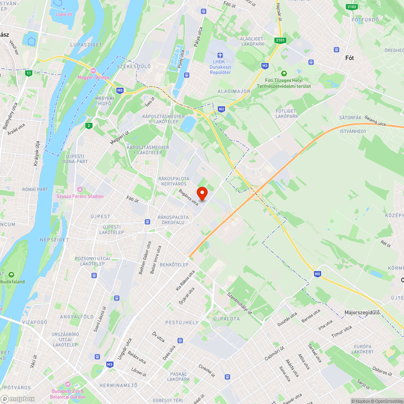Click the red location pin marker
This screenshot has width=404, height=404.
tap(201, 193)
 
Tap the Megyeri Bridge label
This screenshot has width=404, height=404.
tap(93, 77)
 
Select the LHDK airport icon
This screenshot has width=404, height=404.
tap(220, 55)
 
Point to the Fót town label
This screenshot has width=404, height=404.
tap(349, 58)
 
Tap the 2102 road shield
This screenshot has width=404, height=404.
tap(351, 6)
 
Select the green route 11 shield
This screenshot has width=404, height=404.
tap(28, 73)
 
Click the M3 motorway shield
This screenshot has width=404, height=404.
tap(109, 364)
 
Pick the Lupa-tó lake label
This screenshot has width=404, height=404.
tap(64, 15)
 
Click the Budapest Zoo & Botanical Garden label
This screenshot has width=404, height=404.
tap(68, 394)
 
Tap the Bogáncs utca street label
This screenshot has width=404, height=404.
tap(189, 197)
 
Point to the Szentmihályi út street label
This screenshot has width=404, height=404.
tap(240, 303)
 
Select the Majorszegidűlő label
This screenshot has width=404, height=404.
tap(362, 312)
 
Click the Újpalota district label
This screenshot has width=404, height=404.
tap(226, 319)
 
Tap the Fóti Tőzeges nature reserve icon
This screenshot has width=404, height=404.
tap(284, 73)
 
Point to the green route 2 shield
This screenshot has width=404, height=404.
tap(88, 126)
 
